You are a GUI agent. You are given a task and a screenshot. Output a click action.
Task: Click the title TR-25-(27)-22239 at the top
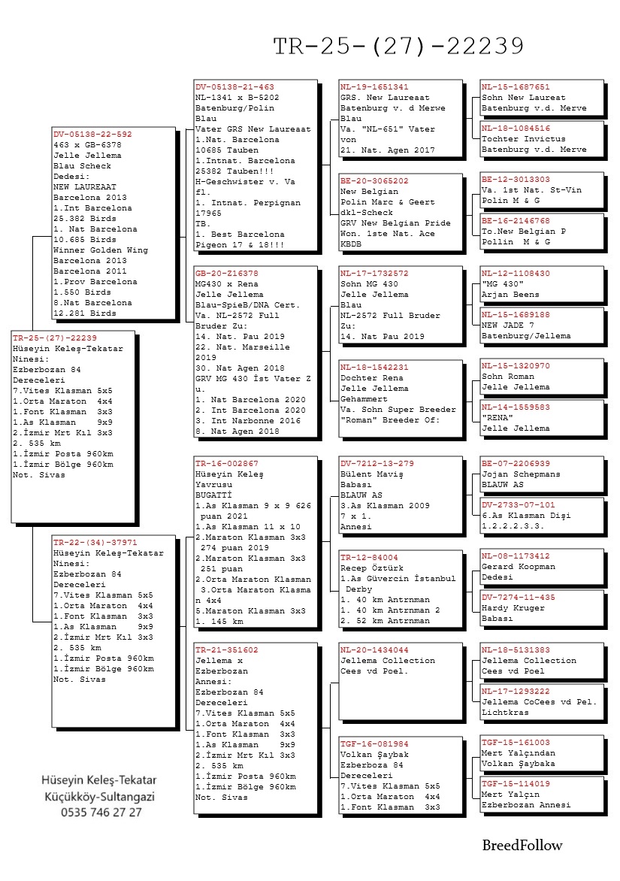(398, 47)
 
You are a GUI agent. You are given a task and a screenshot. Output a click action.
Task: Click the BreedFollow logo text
(522, 846)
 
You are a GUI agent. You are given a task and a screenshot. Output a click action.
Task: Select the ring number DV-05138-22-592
(92, 134)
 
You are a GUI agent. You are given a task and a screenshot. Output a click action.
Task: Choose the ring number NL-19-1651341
(374, 87)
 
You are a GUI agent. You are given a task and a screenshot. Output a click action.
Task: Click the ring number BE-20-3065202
(374, 181)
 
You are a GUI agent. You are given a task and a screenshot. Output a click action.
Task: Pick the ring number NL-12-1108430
(516, 274)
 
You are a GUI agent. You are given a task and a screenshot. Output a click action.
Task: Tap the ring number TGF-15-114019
(516, 783)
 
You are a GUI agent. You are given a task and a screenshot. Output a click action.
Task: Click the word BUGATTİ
(214, 495)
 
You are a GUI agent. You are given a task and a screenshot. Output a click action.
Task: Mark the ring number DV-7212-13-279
(377, 464)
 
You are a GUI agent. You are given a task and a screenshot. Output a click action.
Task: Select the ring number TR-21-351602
(227, 649)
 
